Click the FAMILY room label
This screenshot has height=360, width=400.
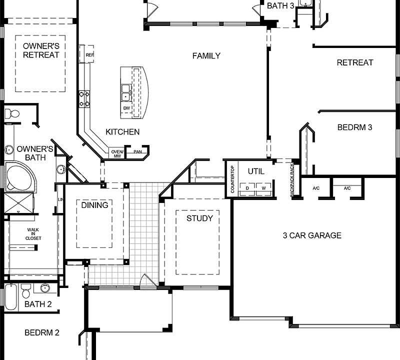206,56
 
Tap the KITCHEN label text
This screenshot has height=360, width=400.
122,132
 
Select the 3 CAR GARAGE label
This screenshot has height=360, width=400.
311,235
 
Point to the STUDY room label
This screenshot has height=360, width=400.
199,218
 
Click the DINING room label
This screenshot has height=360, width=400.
94,205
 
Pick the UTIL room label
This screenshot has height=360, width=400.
256,171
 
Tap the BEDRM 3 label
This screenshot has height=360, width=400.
354,127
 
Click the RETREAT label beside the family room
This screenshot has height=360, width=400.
354,63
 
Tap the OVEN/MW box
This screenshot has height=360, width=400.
116,153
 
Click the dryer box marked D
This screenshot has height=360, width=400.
247,188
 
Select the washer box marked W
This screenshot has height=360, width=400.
263,188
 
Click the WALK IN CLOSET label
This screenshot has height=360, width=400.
33,234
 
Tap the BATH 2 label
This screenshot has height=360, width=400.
37,304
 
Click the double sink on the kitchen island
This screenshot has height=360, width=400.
126,91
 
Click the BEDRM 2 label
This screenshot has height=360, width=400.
42,332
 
